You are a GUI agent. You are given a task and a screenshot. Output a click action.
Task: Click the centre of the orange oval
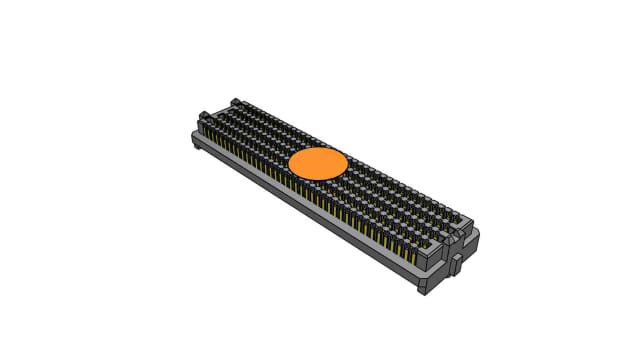pos(318,164)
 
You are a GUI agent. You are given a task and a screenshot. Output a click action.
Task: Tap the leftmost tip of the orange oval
pos(288,165)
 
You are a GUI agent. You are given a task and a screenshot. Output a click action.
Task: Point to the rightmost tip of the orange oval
pos(348,163)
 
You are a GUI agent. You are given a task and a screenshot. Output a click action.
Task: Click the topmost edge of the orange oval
pos(318,147)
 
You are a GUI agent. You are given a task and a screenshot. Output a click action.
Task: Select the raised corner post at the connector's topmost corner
pos(236,102)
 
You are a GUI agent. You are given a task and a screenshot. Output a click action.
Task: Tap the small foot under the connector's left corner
pos(196,147)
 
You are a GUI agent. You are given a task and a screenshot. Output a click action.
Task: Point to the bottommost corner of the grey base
pos(427,291)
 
